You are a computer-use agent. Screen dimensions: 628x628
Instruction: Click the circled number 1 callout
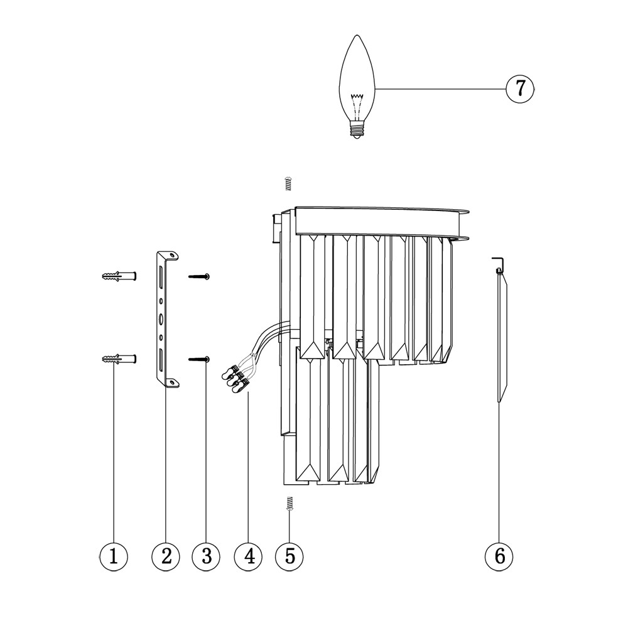pos(114,556)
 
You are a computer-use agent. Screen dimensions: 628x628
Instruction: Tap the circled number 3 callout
pos(206,556)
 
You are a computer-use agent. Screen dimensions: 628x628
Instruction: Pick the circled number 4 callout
pos(249,556)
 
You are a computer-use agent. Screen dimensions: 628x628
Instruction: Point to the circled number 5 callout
pos(290,556)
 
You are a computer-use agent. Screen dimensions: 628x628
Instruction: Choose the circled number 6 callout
pos(499,556)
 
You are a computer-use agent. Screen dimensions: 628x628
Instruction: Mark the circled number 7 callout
pos(520,89)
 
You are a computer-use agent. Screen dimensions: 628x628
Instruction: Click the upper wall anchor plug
pos(119,276)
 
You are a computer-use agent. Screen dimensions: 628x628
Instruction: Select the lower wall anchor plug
pos(119,359)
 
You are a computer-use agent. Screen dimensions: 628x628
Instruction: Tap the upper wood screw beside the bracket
pos(199,276)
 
